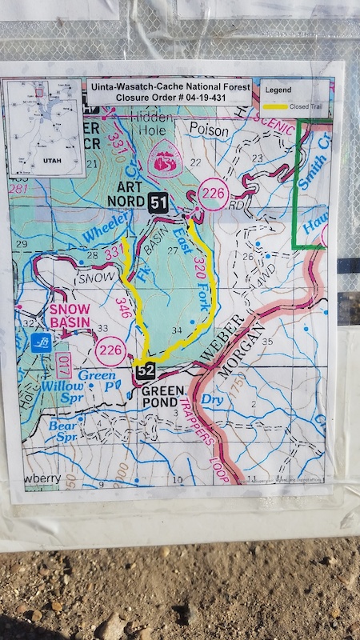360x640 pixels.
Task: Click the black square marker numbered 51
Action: pyautogui.click(x=158, y=202)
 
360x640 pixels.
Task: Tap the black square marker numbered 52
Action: pyautogui.click(x=145, y=371)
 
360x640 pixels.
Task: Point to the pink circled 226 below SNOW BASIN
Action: pyautogui.click(x=110, y=349)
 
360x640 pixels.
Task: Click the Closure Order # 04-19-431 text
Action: pyautogui.click(x=173, y=99)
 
